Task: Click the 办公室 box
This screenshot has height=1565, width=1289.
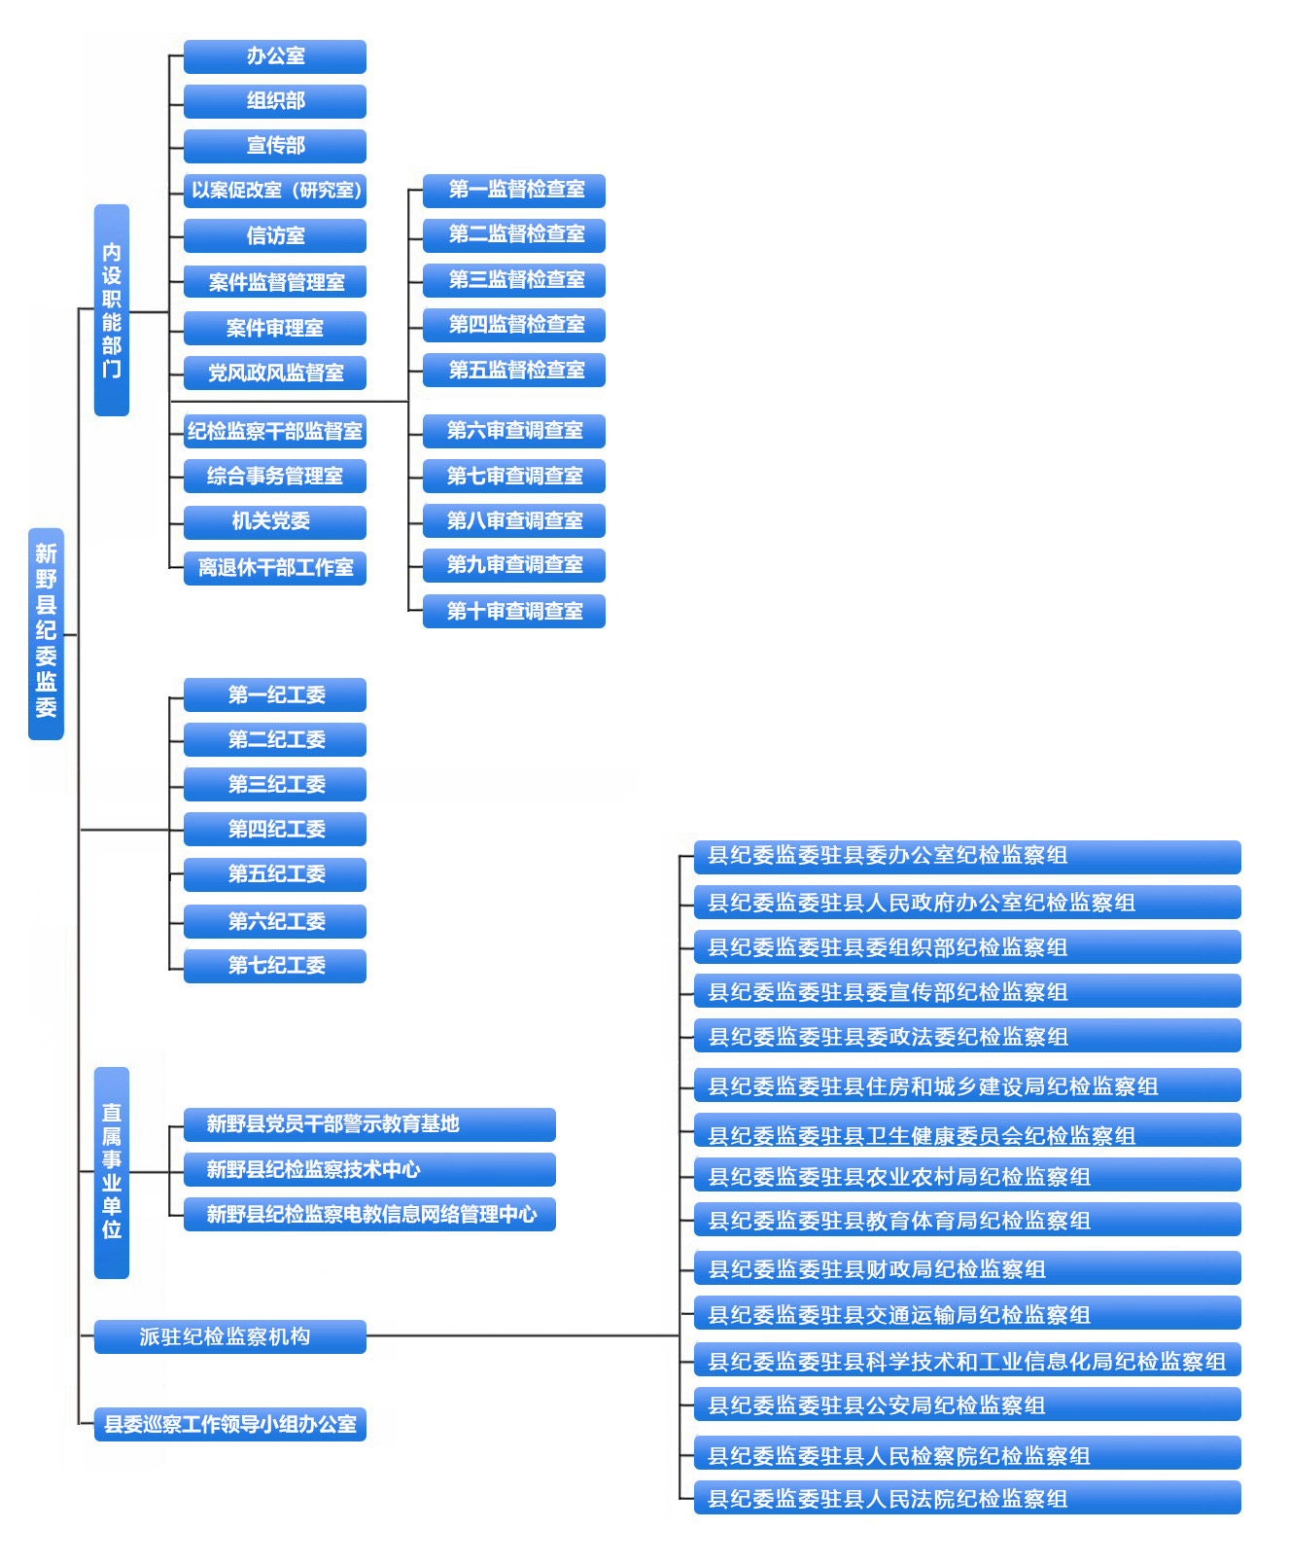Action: point(275,56)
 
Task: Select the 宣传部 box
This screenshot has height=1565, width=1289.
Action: point(275,146)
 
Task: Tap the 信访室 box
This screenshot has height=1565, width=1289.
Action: point(275,235)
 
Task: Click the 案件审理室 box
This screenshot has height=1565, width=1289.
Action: point(275,328)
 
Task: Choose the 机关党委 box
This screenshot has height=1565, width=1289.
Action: point(275,521)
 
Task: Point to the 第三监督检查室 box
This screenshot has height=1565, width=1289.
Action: point(514,280)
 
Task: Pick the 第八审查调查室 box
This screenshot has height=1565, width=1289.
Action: point(514,520)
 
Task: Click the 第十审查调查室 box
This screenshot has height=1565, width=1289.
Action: point(514,611)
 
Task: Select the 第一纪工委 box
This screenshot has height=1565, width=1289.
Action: point(275,694)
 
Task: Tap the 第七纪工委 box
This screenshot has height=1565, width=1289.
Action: point(275,965)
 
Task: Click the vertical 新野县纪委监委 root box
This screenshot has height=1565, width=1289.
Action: point(46,633)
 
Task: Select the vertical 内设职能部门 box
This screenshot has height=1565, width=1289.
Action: point(112,309)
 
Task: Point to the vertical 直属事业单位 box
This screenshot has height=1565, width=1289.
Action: point(112,1172)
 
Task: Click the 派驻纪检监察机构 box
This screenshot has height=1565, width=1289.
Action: point(229,1336)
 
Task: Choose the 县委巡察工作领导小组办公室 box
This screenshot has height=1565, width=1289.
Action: point(229,1424)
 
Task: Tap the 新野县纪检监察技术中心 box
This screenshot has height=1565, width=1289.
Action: point(369,1169)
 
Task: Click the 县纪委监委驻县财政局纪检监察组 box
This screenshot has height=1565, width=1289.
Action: point(967,1268)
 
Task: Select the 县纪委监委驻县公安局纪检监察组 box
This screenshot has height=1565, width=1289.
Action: point(967,1405)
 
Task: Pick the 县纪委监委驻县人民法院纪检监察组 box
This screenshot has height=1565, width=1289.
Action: point(967,1498)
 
